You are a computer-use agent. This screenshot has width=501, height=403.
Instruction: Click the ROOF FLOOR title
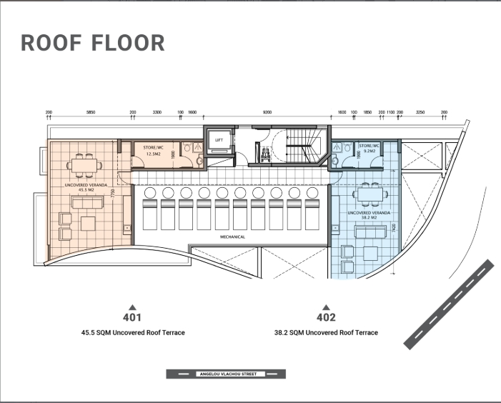[93, 43]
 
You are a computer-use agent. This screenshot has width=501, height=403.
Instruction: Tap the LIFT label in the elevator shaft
[219, 140]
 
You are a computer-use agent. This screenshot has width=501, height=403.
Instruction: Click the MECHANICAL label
[232, 237]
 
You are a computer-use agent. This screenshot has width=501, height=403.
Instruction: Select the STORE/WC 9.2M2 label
[369, 149]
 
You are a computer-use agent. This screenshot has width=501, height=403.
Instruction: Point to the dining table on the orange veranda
[83, 166]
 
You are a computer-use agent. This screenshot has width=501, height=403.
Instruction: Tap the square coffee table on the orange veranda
[89, 224]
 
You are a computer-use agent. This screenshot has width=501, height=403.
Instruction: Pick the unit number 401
[132, 317]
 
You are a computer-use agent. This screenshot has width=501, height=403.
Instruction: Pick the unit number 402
[326, 317]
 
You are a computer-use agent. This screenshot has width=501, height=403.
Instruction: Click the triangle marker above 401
[132, 307]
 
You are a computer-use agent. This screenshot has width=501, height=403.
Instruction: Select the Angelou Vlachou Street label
[226, 374]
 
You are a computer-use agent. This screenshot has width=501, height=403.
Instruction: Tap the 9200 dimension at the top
[267, 113]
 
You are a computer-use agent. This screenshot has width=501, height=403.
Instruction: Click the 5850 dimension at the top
[91, 113]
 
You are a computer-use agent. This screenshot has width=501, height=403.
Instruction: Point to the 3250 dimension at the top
[420, 113]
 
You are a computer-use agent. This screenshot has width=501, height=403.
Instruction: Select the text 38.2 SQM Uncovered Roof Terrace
[326, 333]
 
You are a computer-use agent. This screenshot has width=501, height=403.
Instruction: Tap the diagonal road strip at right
[448, 304]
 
